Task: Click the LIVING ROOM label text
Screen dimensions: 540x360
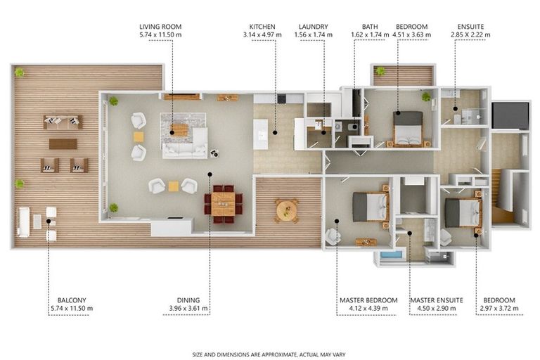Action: click(160, 27)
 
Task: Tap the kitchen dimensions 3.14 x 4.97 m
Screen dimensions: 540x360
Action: click(262, 34)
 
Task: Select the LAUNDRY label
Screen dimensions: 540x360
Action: click(313, 27)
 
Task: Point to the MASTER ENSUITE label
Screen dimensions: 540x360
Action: click(437, 300)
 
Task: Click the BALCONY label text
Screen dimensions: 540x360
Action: click(72, 300)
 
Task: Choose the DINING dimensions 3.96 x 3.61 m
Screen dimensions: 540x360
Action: click(188, 309)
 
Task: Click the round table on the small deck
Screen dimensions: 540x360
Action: click(287, 210)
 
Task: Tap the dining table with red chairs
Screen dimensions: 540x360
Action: click(223, 204)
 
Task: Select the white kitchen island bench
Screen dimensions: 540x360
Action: click(260, 134)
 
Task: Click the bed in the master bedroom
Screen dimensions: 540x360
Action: click(370, 207)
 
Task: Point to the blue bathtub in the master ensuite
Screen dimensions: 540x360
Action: click(391, 255)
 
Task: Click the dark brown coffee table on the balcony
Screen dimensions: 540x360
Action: click(63, 144)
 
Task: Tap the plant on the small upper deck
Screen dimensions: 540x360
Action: click(380, 71)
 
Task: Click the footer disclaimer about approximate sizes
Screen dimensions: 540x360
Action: click(269, 354)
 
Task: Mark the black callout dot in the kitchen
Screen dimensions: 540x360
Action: click(275, 132)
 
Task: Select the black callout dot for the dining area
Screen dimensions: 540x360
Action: click(210, 174)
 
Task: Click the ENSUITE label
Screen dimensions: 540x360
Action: click(470, 27)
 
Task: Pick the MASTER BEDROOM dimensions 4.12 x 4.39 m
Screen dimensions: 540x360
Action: click(368, 309)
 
